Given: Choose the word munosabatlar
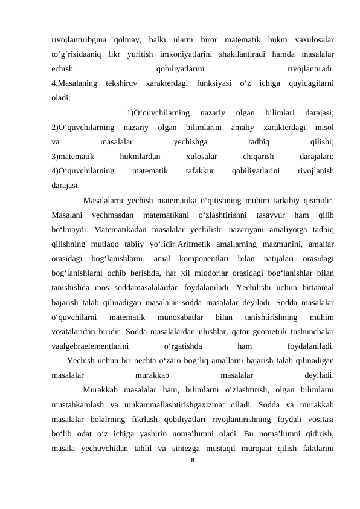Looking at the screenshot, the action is (x=181, y=314).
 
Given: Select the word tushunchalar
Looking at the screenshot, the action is (x=309, y=328).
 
